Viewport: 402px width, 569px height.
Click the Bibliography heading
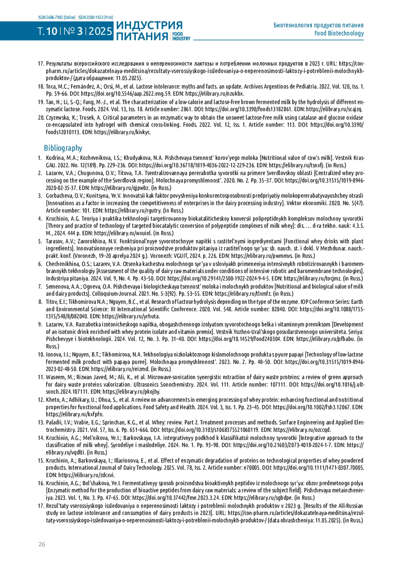coord(63,148)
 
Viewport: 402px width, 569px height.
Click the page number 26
coord(42,544)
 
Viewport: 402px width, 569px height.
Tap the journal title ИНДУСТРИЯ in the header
coord(149,25)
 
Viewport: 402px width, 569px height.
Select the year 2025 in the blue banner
coord(100,32)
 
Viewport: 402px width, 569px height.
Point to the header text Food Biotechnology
coord(339,33)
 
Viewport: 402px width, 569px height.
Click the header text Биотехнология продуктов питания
coord(318,25)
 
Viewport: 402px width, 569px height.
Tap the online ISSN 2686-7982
coord(57,17)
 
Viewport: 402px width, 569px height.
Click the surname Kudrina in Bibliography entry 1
coord(55,158)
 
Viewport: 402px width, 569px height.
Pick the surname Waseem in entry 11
coord(55,377)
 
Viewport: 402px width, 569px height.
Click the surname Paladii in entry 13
coord(54,422)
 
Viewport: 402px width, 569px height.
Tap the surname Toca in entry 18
coord(52,87)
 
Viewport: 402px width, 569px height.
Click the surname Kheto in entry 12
coord(53,400)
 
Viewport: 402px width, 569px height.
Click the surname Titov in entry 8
coord(52,301)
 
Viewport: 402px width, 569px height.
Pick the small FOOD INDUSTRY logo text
coord(181,36)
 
